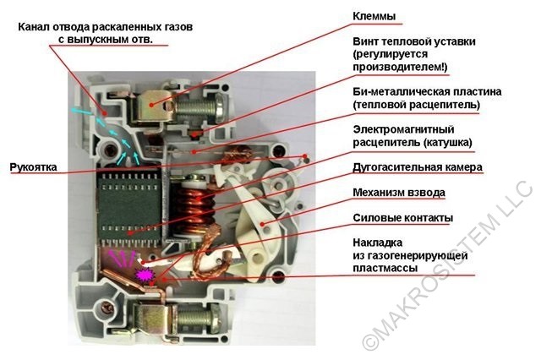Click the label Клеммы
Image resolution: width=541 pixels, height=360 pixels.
coord(374,16)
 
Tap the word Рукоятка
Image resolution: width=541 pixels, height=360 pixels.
coord(33,167)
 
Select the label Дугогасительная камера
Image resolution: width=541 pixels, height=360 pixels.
coord(418,167)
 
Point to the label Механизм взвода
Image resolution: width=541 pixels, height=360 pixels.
coord(399,193)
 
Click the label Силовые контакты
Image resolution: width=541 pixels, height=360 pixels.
coord(402,218)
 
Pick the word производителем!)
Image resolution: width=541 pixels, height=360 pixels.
coord(400,67)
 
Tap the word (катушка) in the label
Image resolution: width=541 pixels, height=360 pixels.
coord(447,143)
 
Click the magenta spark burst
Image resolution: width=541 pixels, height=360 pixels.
coord(145,275)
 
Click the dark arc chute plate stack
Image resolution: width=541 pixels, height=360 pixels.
coord(129,209)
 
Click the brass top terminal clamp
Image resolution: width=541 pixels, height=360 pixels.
coord(152,102)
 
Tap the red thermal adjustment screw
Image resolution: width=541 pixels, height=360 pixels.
coord(195,134)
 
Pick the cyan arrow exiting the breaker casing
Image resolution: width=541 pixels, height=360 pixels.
coord(81,111)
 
